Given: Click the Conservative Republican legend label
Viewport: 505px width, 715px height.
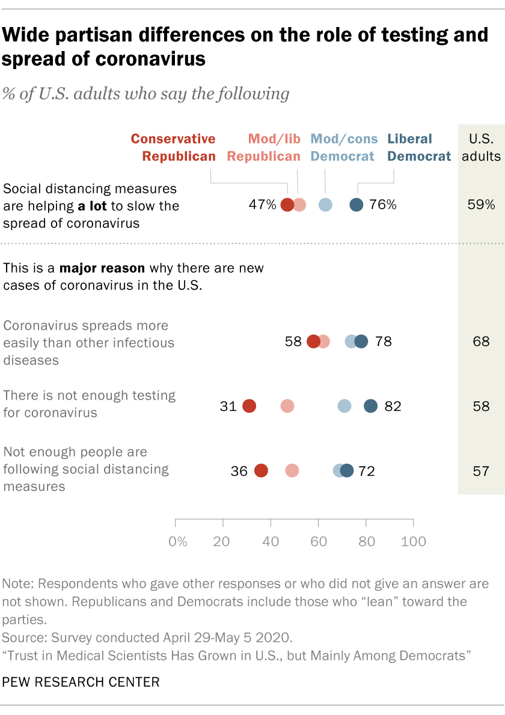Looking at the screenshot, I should tap(173, 148).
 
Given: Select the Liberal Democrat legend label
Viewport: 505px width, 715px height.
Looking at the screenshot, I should tap(419, 148).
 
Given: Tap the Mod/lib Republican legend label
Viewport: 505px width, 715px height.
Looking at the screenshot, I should tap(263, 148).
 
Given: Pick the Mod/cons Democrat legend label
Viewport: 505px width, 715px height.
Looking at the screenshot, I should tap(344, 148).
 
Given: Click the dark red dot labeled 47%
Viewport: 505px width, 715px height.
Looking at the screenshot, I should tap(287, 205).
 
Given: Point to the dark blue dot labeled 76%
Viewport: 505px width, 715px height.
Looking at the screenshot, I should tap(357, 205).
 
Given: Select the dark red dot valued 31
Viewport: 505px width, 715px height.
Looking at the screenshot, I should tap(249, 406).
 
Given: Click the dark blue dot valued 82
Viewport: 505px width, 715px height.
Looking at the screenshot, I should tap(371, 406).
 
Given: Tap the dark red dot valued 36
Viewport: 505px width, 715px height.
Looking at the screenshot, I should tap(261, 471).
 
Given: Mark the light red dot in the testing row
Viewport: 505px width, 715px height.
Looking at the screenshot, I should tap(287, 406).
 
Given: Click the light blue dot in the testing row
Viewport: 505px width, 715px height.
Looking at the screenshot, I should tap(344, 406).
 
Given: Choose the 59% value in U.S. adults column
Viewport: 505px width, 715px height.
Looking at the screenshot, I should tap(481, 205).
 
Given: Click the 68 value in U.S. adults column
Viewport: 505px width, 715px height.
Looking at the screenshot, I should tap(481, 342).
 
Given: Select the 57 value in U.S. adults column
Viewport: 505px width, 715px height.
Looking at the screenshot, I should tap(481, 471).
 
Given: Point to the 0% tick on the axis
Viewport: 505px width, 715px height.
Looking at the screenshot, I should tap(178, 541).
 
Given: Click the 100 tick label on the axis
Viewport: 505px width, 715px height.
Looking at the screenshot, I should tap(413, 541).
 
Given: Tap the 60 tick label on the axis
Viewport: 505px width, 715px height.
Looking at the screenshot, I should tap(319, 541).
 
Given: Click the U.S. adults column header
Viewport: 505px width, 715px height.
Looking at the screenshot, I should tap(481, 148).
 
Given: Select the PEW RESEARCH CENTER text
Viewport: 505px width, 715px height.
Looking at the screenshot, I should tap(81, 682).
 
